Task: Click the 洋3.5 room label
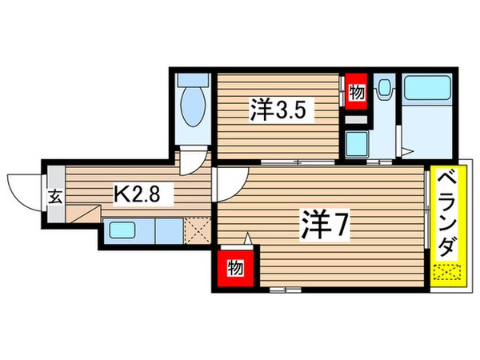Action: tap(277, 109)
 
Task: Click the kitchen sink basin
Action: tap(127, 233)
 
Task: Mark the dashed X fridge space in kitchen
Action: tap(197, 232)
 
